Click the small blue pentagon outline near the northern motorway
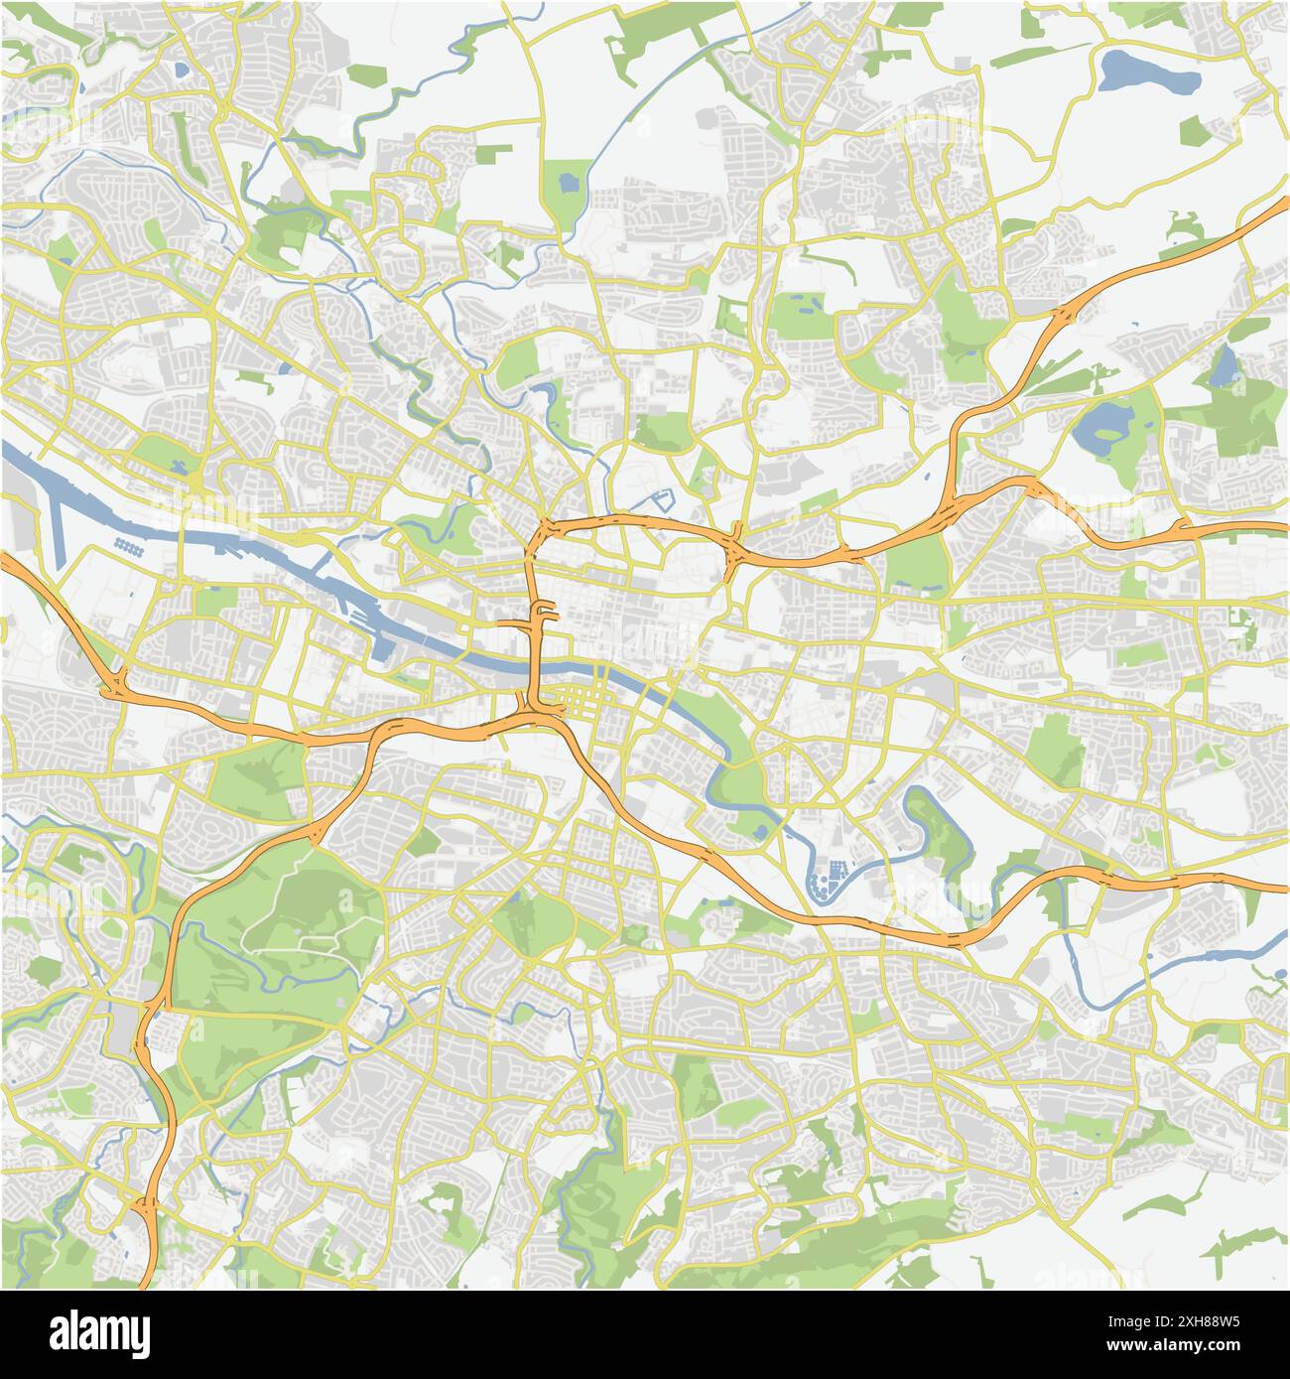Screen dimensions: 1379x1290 point(660,501)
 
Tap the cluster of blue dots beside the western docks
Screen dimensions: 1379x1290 point(129,545)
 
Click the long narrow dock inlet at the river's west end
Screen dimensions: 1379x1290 point(60,516)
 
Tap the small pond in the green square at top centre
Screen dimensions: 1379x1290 point(567,182)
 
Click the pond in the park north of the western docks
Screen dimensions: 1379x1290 point(179,467)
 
